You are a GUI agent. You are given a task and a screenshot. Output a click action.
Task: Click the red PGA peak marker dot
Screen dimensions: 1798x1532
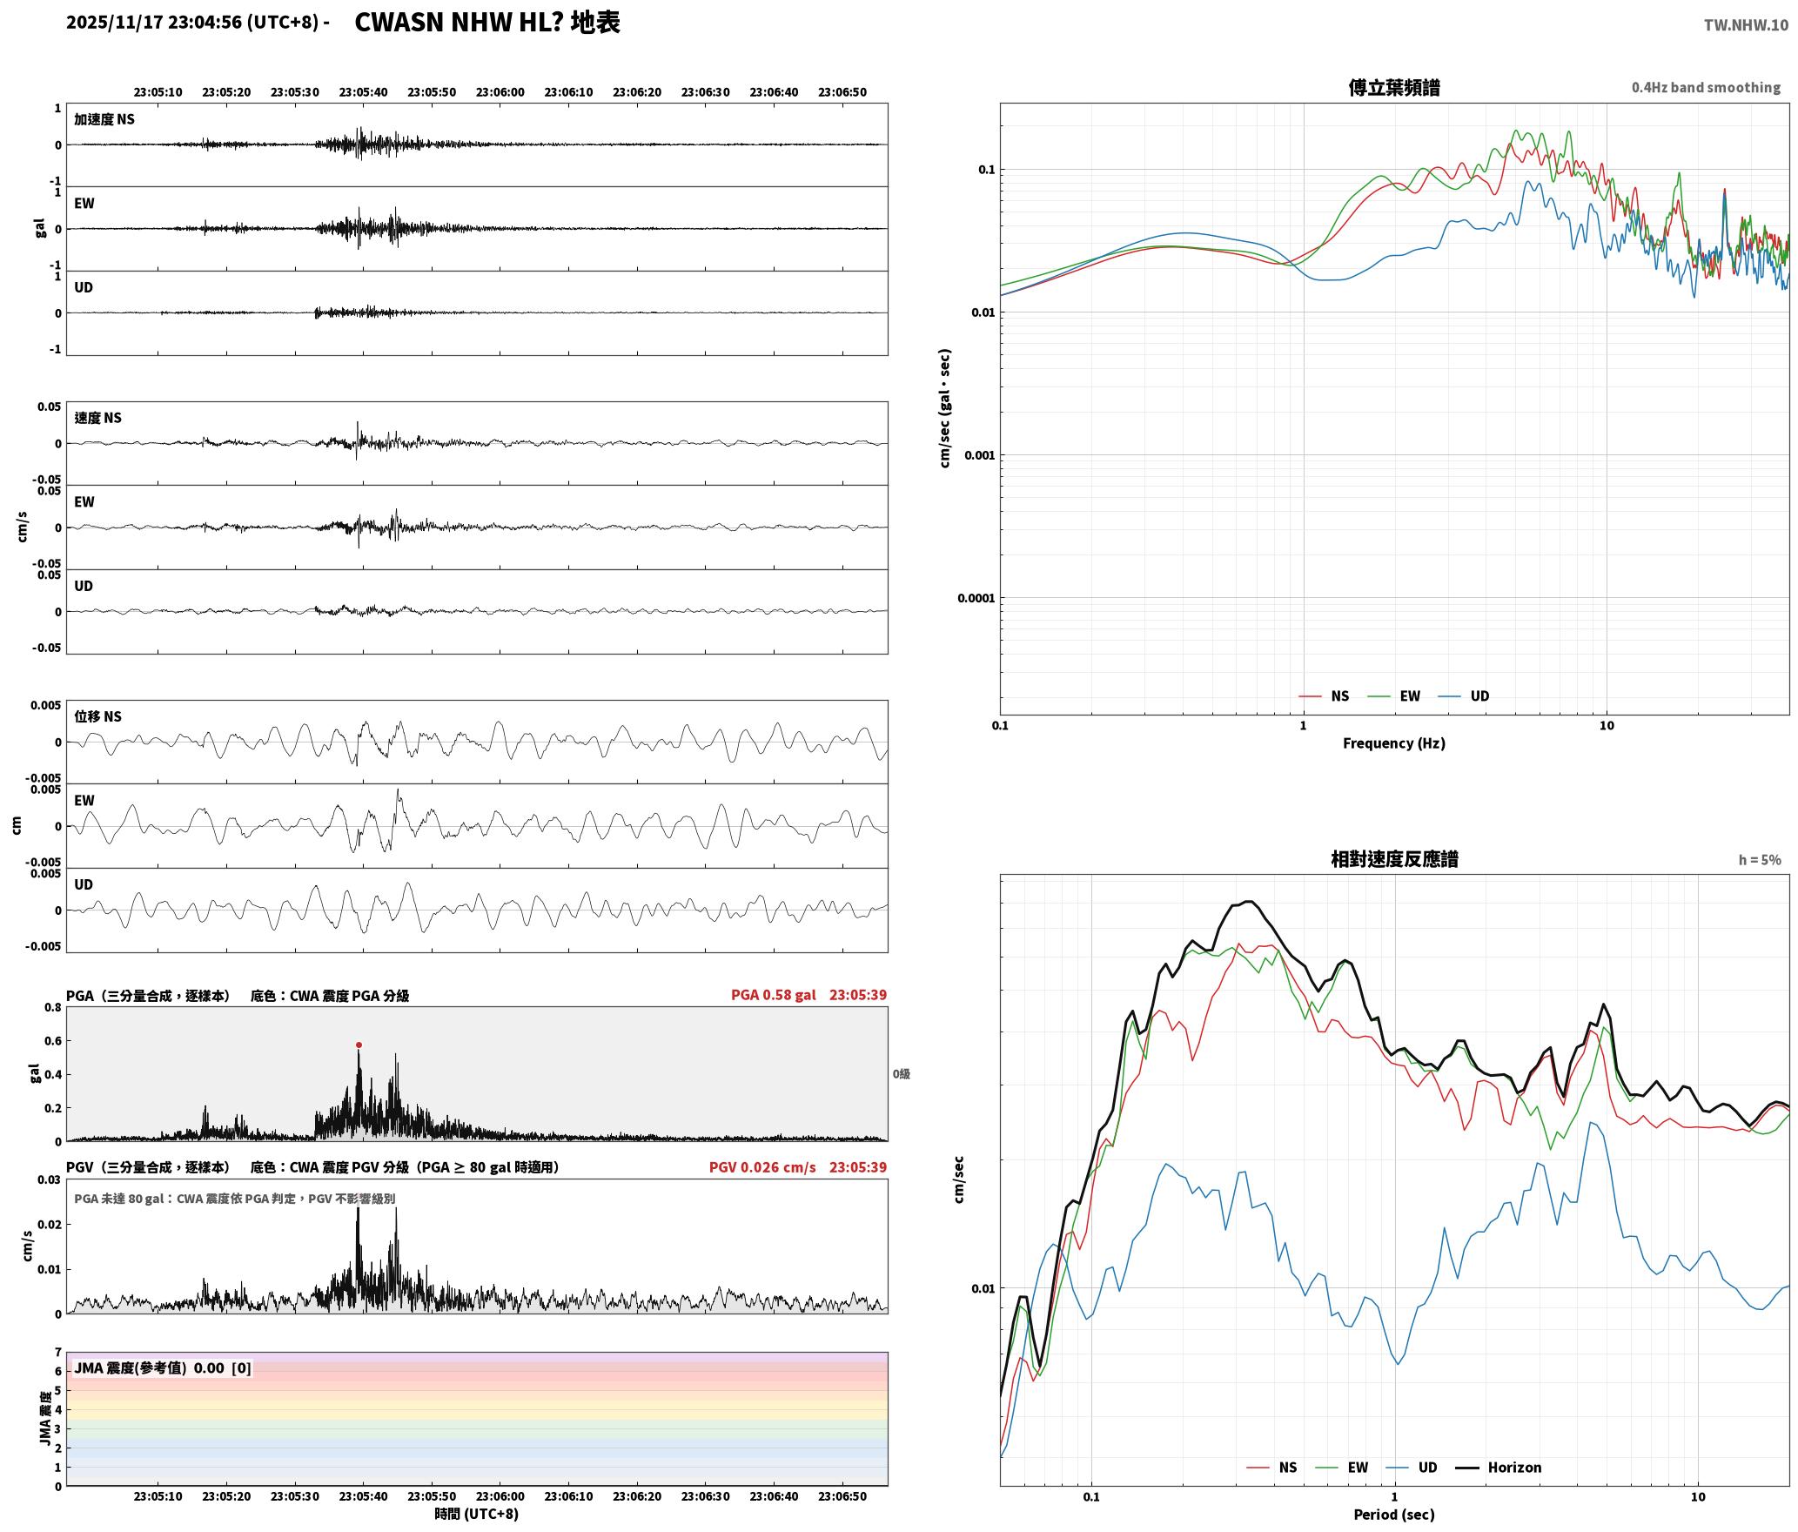[359, 1045]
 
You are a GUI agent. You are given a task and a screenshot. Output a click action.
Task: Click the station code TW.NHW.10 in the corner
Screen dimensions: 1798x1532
[1746, 25]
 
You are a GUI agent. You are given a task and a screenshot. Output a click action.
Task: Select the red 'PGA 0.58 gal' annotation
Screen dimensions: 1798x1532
[773, 995]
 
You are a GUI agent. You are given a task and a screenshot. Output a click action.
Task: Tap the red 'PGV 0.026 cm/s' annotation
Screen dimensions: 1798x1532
[762, 1167]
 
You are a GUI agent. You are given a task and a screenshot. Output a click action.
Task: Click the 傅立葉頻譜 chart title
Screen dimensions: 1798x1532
[1393, 87]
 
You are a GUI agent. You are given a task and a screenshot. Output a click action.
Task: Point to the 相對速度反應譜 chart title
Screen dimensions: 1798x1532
[1394, 859]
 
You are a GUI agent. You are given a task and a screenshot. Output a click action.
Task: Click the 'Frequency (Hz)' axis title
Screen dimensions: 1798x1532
[1393, 743]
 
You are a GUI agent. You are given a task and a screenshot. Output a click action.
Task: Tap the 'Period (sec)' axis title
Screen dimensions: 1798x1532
[1393, 1515]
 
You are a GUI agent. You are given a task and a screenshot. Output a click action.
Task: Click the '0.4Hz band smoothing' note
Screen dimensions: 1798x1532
[1706, 87]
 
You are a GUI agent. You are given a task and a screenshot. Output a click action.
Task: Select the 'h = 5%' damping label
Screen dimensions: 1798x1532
[1760, 860]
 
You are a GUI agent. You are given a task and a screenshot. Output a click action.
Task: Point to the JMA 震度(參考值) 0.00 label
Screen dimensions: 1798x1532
[163, 1368]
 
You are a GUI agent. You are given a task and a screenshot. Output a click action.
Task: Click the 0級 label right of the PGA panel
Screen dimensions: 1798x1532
[901, 1074]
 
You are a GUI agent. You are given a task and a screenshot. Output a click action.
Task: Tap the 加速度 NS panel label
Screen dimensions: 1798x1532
[104, 119]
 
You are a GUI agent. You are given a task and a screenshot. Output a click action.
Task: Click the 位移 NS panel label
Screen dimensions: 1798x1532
[97, 716]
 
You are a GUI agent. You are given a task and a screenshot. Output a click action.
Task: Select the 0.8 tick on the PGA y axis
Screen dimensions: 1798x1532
[52, 1008]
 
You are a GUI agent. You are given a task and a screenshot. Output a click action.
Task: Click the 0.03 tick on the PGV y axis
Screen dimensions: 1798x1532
[49, 1180]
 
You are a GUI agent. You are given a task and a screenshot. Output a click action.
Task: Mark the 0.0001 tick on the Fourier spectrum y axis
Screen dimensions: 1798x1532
[976, 598]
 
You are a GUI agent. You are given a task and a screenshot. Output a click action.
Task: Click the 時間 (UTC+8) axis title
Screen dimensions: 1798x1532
[476, 1515]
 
